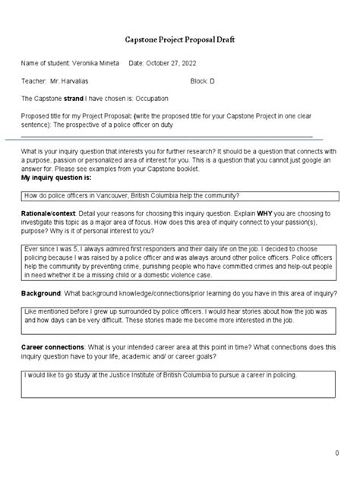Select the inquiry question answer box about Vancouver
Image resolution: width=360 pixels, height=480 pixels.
tap(179, 195)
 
